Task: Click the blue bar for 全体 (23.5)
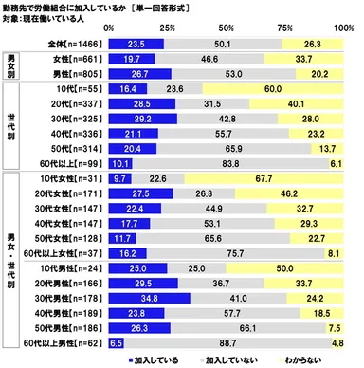pos(137,45)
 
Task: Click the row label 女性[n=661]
pos(80,58)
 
